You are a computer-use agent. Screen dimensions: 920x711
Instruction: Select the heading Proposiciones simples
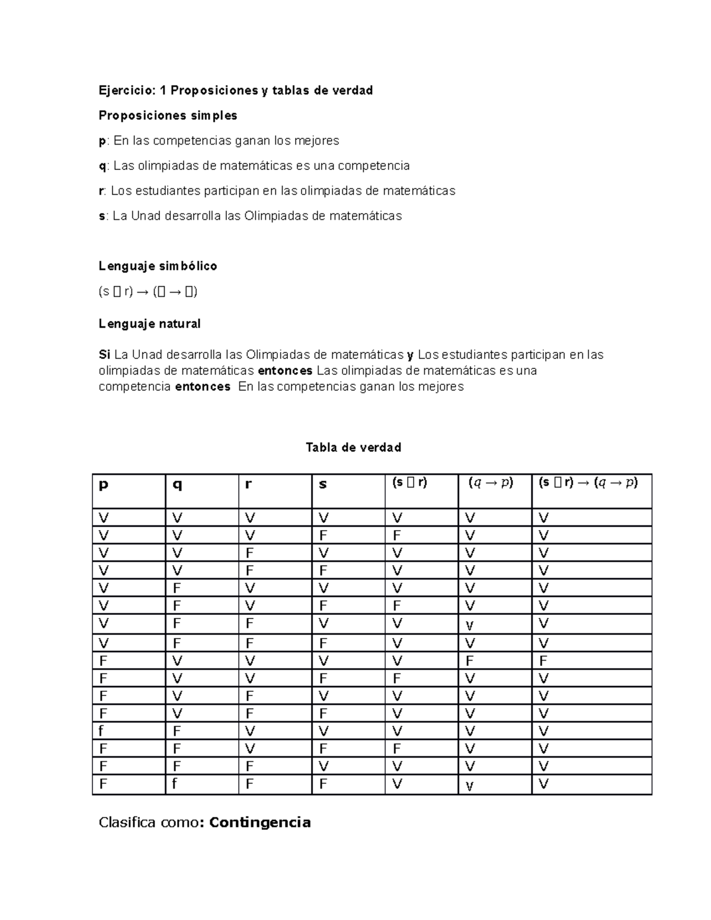point(168,115)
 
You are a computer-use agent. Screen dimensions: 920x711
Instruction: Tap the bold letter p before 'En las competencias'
point(102,142)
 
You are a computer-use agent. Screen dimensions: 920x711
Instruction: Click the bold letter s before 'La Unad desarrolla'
point(101,216)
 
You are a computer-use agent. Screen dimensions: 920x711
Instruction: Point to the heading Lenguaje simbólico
point(158,266)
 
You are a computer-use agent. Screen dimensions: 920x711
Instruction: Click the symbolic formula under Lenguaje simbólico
point(148,291)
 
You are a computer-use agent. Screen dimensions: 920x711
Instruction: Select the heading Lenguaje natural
point(149,323)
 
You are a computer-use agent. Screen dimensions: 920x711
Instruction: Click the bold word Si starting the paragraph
point(104,355)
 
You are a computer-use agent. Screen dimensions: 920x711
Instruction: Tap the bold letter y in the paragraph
point(410,355)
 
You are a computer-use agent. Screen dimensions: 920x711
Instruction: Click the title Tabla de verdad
point(353,447)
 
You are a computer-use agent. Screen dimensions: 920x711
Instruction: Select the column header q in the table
point(177,485)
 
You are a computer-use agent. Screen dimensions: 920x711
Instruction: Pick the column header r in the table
point(249,485)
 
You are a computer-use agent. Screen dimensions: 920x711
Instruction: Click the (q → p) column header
point(491,483)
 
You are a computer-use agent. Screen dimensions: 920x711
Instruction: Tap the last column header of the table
point(588,483)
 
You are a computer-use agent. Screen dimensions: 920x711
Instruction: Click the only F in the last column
point(543,661)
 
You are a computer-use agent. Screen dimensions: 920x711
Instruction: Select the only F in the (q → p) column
point(470,661)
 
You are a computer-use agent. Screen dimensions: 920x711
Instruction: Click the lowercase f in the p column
point(102,731)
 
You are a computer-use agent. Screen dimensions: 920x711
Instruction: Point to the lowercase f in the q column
point(175,784)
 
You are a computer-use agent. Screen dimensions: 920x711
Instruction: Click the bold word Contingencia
point(260,822)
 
